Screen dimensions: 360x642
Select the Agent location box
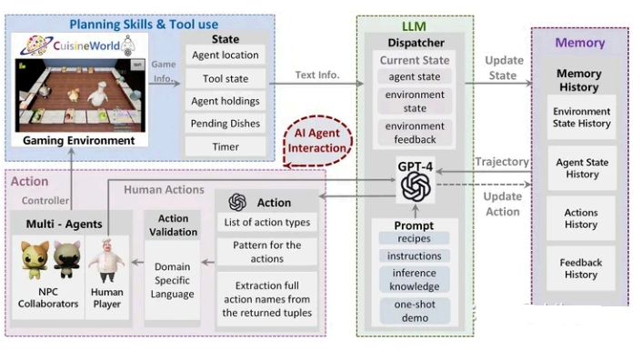225,55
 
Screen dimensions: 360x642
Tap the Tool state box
225,78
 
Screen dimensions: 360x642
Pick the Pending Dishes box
225,124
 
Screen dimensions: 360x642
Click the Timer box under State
225,145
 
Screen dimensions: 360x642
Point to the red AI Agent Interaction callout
317,140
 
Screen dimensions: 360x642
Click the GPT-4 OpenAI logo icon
416,188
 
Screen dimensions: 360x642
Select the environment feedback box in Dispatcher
415,134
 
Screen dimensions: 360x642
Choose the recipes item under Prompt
415,238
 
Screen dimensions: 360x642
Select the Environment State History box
581,117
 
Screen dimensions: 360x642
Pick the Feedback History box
581,267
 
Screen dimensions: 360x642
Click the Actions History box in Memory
581,218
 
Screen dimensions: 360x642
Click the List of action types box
266,223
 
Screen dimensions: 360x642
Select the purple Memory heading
579,43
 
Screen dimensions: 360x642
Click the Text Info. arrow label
316,75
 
